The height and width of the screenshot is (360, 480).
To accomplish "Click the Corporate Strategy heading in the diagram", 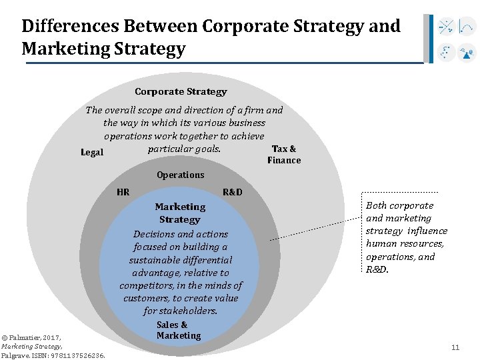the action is [181, 92].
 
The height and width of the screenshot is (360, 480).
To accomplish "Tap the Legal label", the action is [92, 153].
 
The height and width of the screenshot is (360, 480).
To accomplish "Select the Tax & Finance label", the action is [284, 154].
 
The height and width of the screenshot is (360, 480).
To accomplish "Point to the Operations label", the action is [180, 175].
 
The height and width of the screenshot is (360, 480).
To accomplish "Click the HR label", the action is [123, 193].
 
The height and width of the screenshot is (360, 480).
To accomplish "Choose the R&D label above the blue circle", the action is [232, 193].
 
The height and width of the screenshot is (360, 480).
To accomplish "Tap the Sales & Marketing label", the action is [179, 331].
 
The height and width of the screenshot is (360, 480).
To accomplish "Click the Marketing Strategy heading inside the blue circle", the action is [180, 213].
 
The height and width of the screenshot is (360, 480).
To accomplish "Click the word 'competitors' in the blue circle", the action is [146, 285].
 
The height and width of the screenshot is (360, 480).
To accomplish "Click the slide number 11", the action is [455, 347].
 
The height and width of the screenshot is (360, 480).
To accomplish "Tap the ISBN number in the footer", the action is [77, 356].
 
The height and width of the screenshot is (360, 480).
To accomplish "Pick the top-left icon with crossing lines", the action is [446, 27].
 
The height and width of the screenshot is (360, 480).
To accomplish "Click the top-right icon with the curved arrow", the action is [467, 27].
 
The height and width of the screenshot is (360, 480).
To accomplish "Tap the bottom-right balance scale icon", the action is [467, 52].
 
